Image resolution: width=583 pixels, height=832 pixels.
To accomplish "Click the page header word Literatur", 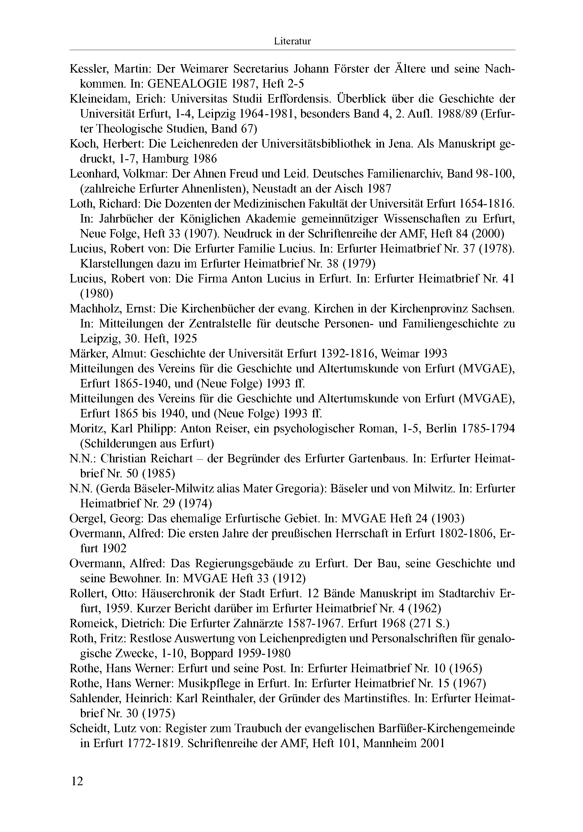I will coord(292,41).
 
